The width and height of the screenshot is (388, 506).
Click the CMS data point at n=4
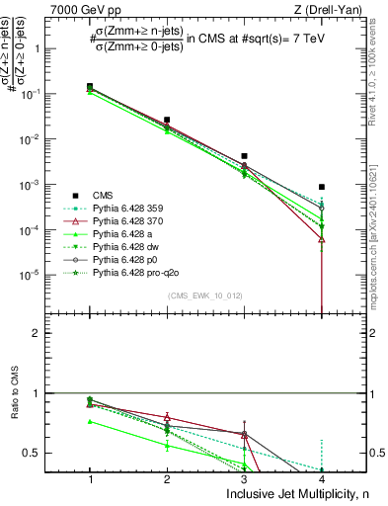[322, 187]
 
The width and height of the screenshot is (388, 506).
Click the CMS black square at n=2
[167, 120]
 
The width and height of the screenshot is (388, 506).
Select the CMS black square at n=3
[244, 156]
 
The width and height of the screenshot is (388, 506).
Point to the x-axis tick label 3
[244, 477]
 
